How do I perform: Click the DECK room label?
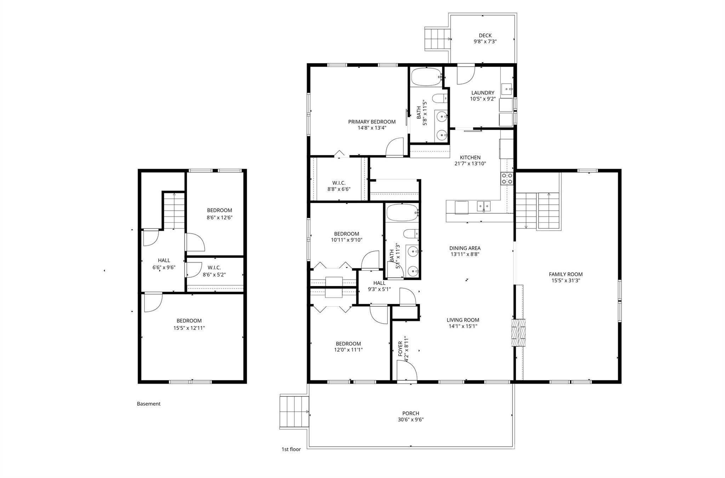point(485,35)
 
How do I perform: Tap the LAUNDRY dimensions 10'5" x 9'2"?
point(483,99)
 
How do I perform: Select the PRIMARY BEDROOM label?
point(372,122)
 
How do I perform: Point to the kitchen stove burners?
point(507,178)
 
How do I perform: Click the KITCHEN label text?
point(470,157)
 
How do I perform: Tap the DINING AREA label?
point(465,248)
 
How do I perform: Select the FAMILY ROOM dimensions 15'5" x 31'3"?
point(565,280)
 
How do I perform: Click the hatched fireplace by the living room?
point(518,332)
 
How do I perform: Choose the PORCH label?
point(411,413)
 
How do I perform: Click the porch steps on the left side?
point(294,412)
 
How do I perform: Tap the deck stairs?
point(438,39)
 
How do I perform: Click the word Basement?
point(149,404)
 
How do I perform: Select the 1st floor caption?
point(291,449)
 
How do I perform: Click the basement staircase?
point(174,211)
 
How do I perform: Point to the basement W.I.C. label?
point(214,268)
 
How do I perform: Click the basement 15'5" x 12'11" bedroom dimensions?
point(189,328)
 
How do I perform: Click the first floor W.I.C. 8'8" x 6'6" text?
point(339,189)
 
